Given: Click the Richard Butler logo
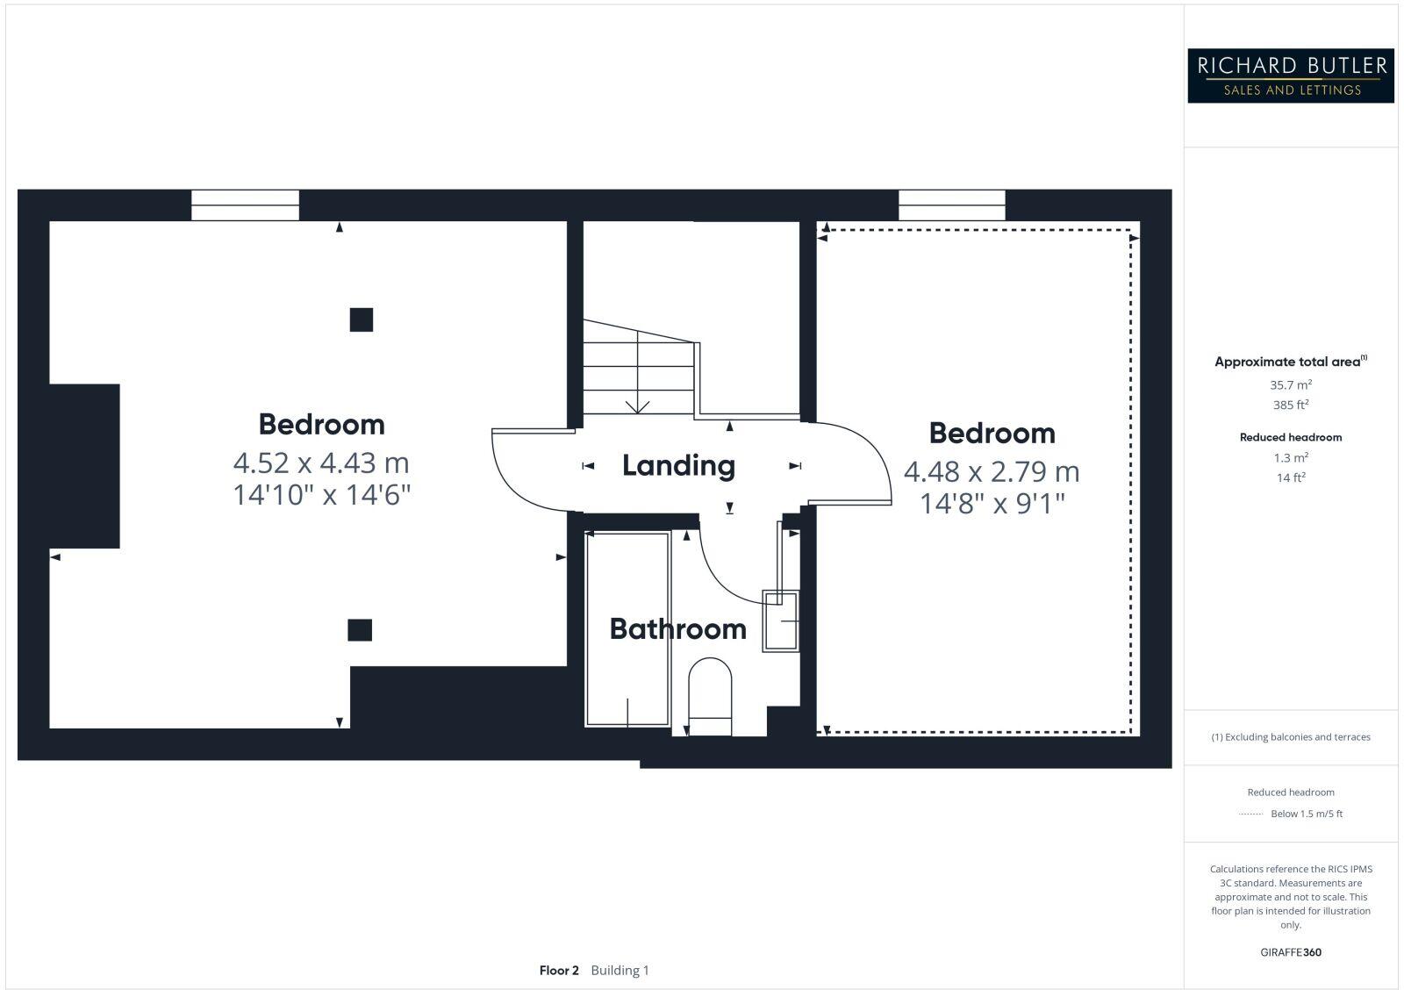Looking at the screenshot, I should [x=1291, y=75].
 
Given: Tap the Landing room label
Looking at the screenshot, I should [x=678, y=465].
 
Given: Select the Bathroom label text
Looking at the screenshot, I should [x=677, y=628].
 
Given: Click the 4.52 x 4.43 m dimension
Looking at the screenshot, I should [x=321, y=462].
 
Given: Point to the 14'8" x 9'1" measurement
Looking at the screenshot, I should [x=992, y=504].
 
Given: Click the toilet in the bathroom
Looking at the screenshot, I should [x=710, y=698].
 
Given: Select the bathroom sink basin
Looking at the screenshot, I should [x=781, y=621].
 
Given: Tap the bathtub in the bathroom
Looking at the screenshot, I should [x=627, y=628].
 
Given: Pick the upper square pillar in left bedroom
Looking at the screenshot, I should [x=361, y=319].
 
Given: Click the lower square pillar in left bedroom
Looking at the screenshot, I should [x=360, y=629].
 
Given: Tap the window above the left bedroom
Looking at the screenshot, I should [x=245, y=205].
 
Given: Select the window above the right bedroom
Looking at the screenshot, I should [x=952, y=205].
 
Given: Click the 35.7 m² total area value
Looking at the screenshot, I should [x=1291, y=384].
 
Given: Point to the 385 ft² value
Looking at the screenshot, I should [x=1291, y=405].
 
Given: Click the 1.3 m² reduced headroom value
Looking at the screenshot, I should [x=1291, y=457].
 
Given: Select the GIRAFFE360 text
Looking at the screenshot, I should [x=1291, y=952].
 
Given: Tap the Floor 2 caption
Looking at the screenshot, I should [x=559, y=970].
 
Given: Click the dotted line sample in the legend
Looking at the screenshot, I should [x=1250, y=814].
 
